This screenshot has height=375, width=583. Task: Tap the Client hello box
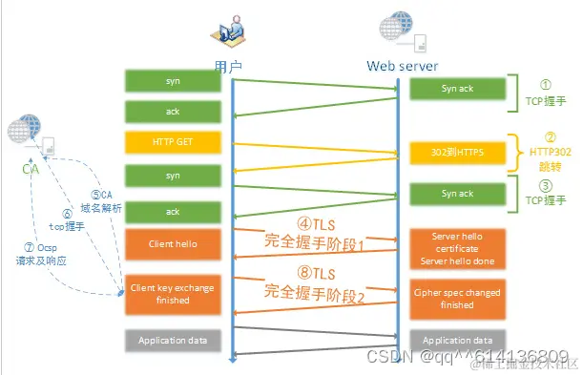click(173, 243)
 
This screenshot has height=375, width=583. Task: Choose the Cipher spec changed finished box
click(457, 299)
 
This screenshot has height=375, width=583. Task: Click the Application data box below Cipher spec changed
click(457, 340)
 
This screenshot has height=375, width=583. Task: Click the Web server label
click(403, 66)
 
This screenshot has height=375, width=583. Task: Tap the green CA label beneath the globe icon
click(30, 168)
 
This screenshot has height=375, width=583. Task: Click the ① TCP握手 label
click(548, 91)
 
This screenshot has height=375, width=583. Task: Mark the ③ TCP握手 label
click(548, 196)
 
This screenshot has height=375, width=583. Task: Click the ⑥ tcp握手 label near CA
click(69, 221)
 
